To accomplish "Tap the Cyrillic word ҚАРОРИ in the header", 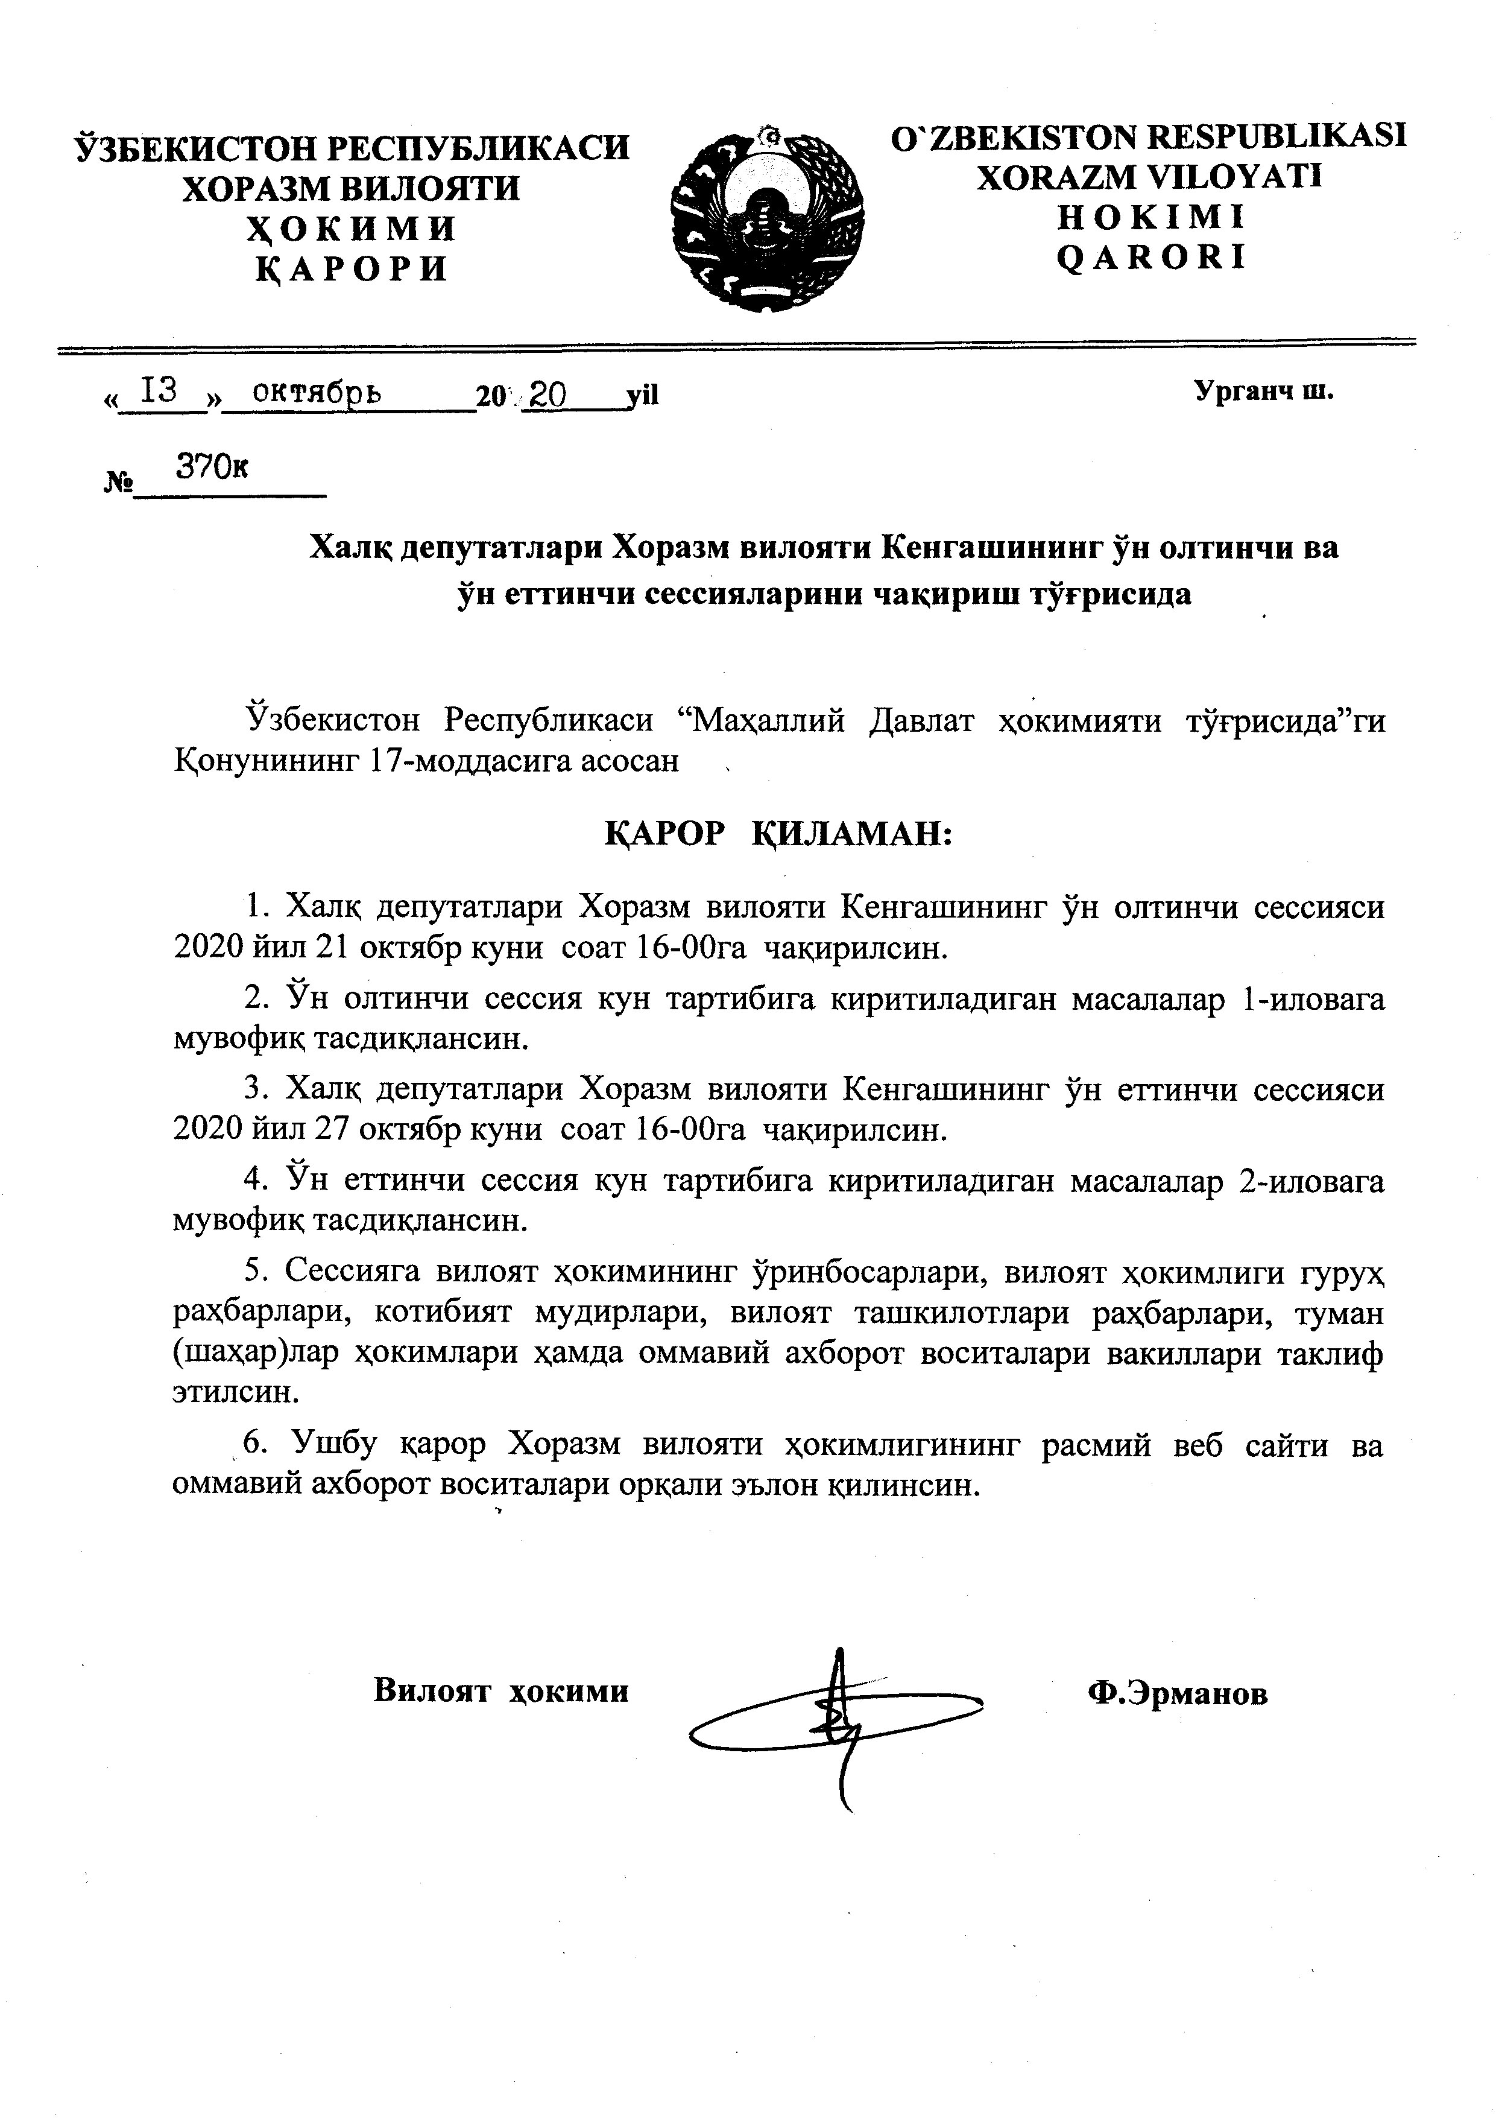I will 352,268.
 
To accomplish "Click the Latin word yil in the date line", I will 642,397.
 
